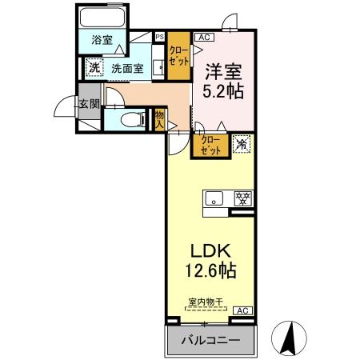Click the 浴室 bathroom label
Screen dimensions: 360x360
click(x=101, y=39)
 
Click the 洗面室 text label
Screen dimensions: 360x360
click(x=126, y=69)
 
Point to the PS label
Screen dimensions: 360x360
click(x=158, y=36)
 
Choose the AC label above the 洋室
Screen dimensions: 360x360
click(x=202, y=36)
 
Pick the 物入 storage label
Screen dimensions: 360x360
click(x=159, y=119)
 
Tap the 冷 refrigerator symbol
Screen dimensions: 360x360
click(x=240, y=144)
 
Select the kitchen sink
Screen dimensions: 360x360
click(x=214, y=198)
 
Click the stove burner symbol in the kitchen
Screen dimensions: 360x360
click(x=240, y=198)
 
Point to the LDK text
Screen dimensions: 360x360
click(x=209, y=251)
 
